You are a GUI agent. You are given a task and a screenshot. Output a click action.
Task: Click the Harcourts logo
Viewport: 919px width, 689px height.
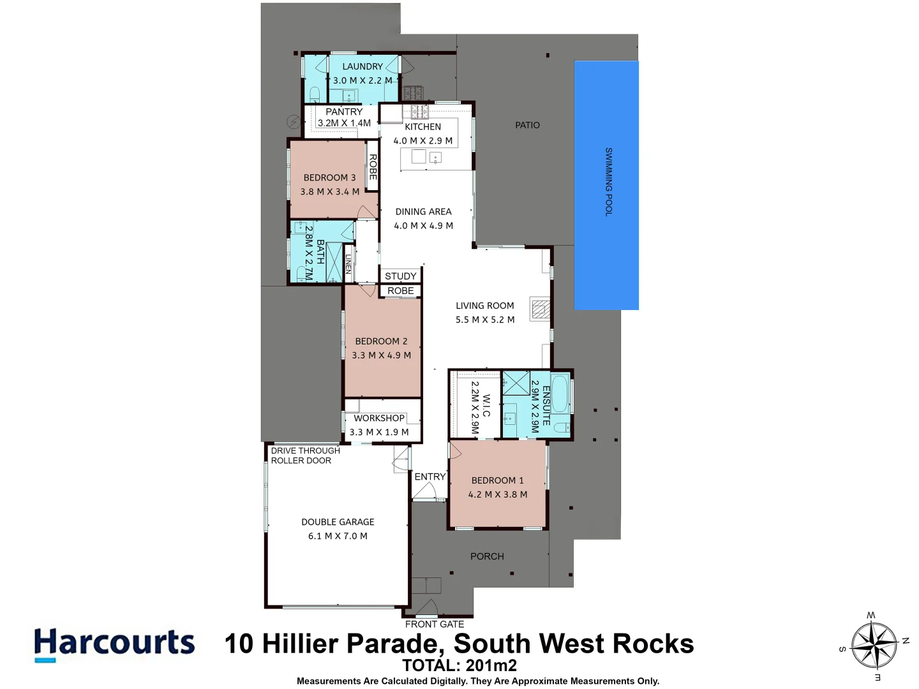114,643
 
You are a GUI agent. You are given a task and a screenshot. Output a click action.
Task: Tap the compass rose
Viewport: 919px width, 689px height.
874,645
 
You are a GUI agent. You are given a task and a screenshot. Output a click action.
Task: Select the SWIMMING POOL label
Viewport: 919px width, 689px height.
608,182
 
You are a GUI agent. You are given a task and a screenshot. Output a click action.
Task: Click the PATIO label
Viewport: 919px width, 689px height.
527,125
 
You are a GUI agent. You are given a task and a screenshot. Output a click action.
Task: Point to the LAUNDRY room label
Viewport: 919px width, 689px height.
362,66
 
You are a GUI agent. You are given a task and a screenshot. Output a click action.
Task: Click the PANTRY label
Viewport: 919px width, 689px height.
344,112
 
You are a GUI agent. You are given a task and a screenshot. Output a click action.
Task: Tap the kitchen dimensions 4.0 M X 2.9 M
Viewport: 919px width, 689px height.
422,141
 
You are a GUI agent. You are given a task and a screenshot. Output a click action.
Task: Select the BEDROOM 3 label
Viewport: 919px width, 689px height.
329,177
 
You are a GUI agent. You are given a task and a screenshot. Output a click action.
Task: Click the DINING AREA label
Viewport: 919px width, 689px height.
423,212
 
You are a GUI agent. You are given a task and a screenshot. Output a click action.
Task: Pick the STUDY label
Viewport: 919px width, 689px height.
401,276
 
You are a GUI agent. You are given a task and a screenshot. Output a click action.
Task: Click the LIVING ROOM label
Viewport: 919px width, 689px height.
484,306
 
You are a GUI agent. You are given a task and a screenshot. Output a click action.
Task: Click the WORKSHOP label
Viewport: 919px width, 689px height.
379,418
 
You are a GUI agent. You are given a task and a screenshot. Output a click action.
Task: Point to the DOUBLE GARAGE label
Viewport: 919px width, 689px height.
338,522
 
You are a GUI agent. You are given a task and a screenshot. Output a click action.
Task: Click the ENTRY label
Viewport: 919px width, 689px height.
430,477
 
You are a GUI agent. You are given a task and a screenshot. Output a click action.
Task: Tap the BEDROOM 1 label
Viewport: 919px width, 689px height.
497,480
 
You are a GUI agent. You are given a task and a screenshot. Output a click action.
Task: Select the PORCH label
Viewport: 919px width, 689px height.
487,556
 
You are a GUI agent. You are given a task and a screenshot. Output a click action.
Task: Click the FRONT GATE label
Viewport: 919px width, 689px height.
435,624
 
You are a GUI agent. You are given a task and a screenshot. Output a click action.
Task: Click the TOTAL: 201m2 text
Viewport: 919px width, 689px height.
459,665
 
